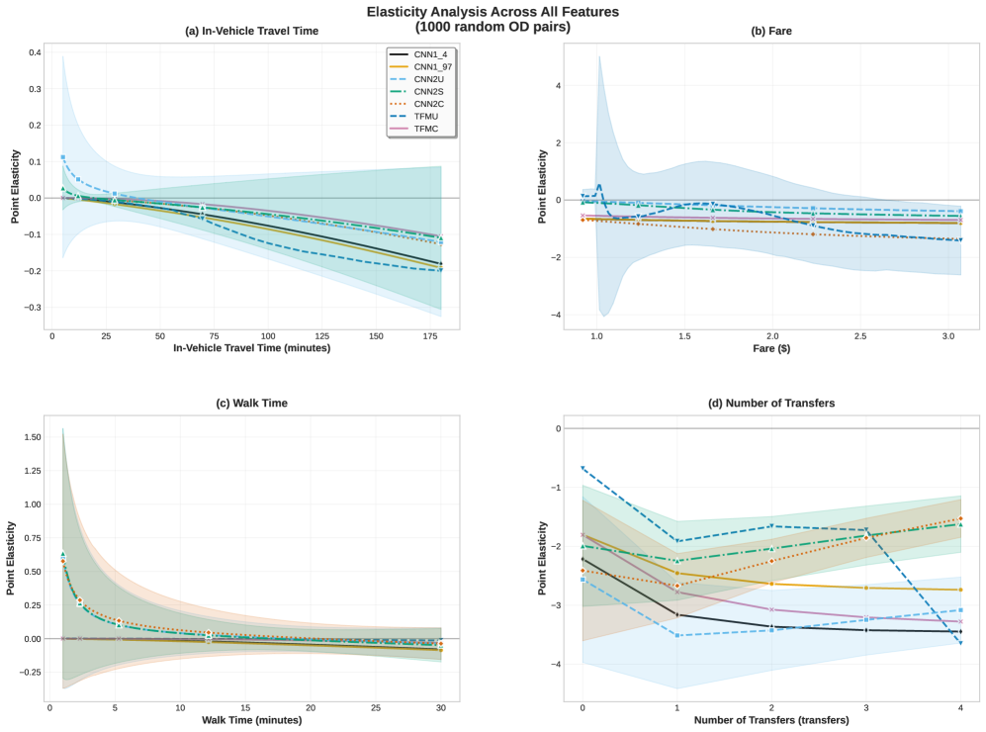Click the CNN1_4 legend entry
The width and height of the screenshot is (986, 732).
click(420, 54)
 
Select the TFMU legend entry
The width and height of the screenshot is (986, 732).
click(420, 115)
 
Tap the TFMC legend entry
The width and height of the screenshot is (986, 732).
click(420, 130)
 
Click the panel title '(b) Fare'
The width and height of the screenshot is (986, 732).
click(771, 31)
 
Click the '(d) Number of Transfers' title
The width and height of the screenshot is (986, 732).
click(771, 403)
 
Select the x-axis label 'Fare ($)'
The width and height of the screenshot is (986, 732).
click(771, 349)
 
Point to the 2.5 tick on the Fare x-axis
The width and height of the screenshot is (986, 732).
click(860, 336)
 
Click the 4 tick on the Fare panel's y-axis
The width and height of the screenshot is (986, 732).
click(558, 86)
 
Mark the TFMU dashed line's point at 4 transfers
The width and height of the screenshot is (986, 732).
click(960, 643)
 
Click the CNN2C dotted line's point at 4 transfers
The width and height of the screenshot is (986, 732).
click(960, 518)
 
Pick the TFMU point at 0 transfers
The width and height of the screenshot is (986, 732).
click(583, 467)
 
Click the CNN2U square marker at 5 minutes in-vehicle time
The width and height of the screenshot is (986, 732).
click(63, 157)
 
